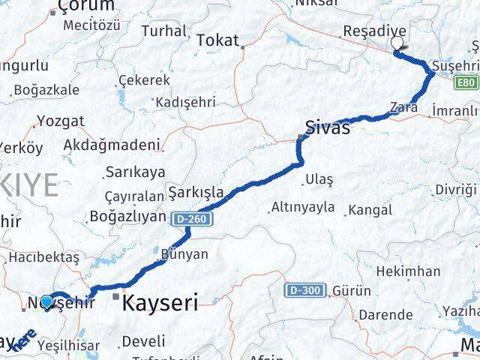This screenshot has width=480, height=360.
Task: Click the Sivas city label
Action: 327,127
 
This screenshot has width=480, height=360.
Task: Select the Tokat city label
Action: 217,40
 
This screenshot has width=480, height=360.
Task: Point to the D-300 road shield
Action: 301,289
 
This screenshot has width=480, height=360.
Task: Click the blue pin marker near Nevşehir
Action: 47,302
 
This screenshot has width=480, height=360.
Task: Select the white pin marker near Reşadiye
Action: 397,44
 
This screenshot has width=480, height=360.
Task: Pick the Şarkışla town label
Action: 196,192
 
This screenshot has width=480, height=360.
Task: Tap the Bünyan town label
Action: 184,255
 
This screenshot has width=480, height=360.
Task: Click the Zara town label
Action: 403,108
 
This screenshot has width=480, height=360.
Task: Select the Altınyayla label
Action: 303,208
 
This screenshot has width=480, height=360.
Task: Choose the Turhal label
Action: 163,31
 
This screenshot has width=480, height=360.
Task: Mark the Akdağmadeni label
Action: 114,144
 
